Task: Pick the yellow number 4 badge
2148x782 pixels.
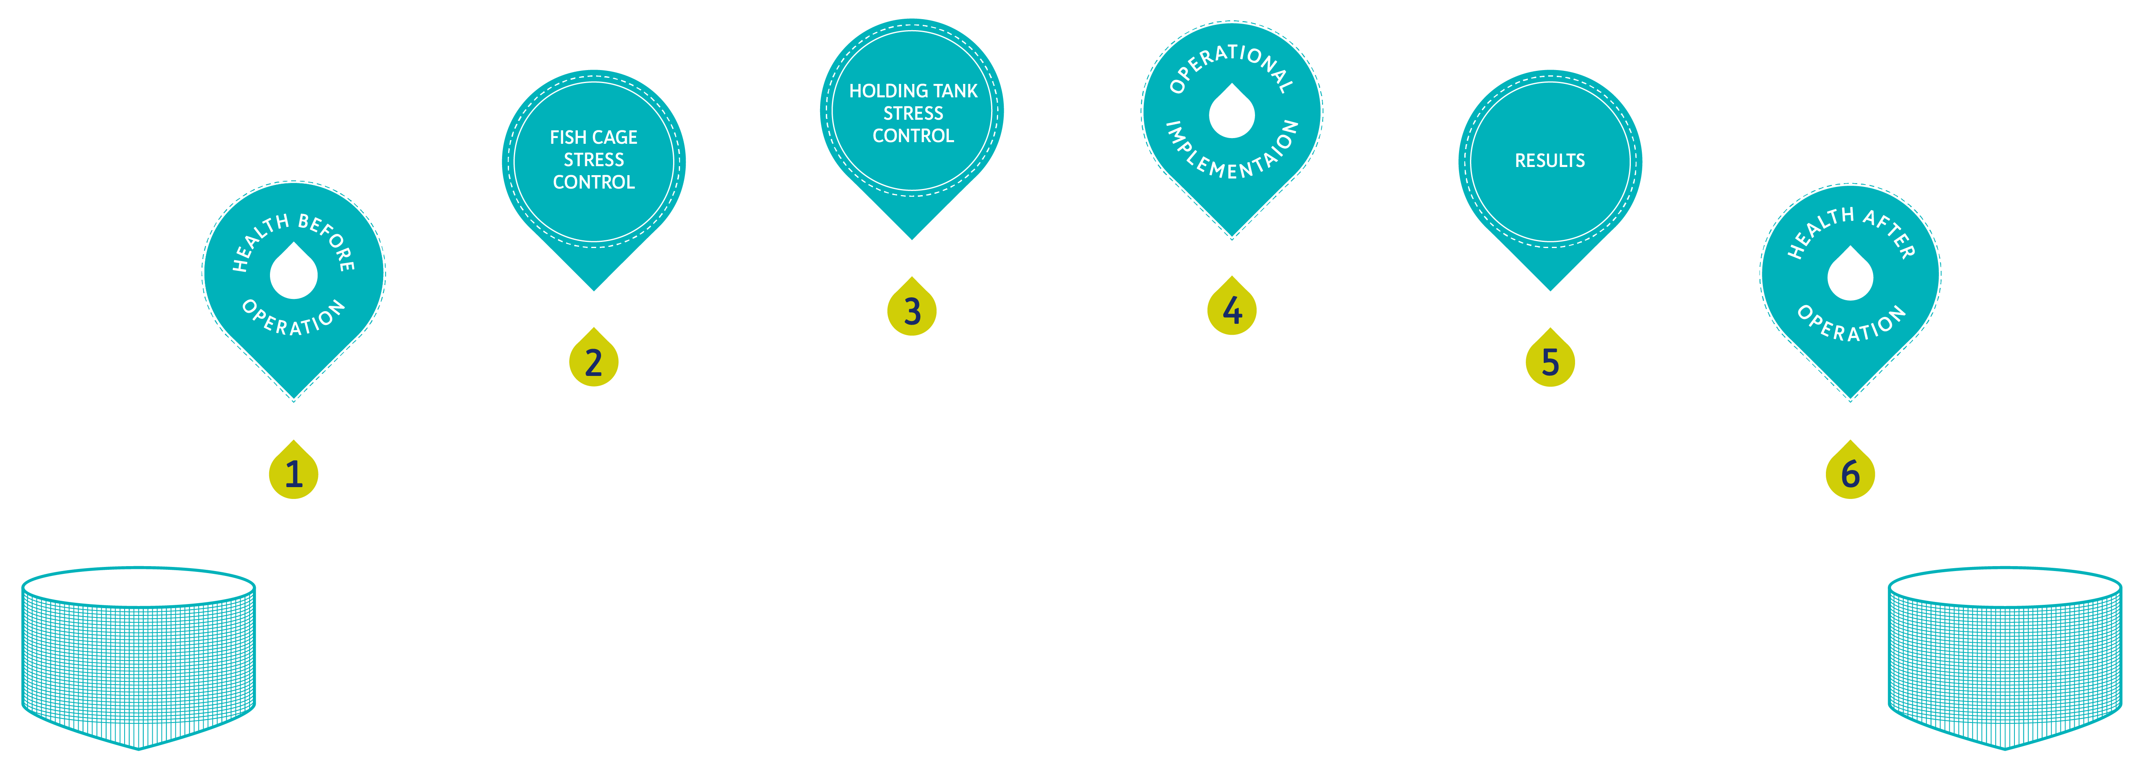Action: (1232, 309)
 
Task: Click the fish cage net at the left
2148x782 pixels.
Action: (138, 659)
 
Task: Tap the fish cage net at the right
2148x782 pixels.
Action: (2005, 659)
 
